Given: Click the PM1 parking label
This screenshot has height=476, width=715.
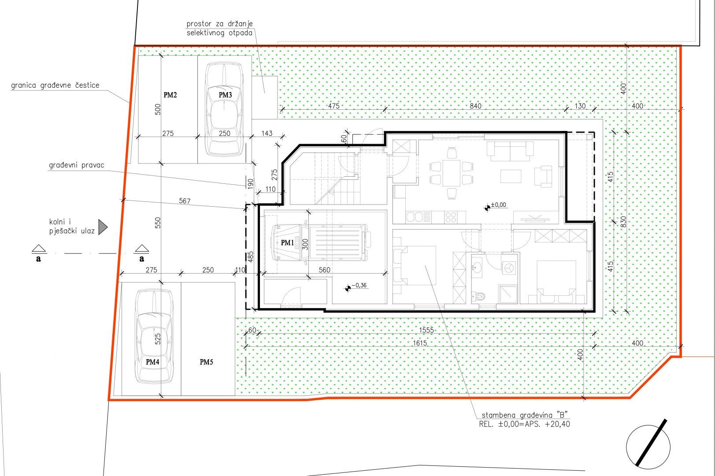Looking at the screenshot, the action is click(287, 243).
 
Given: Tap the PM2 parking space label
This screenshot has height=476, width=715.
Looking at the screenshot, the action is click(170, 95).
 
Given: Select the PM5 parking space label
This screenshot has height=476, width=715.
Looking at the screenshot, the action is click(206, 362).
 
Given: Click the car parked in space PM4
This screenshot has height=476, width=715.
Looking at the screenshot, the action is click(154, 336).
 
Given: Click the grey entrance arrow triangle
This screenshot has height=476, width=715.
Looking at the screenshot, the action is click(103, 227).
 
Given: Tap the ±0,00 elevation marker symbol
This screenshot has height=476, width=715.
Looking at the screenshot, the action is click(487, 208).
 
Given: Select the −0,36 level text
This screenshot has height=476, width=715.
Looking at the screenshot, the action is click(359, 286).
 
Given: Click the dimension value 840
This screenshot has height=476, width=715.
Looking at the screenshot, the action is click(475, 106).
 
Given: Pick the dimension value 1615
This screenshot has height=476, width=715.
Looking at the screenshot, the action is click(420, 343).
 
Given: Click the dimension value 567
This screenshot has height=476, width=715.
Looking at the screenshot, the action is click(185, 201).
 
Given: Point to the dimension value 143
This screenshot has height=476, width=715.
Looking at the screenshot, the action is click(267, 133).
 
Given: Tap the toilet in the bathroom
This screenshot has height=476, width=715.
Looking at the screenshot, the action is click(478, 296).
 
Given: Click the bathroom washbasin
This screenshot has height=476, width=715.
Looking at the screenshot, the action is click(477, 266).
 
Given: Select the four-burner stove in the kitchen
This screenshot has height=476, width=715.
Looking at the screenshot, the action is click(451, 217).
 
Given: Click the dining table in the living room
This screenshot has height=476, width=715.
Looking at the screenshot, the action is click(452, 173).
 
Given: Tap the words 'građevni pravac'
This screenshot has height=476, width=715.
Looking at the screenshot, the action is click(77, 165).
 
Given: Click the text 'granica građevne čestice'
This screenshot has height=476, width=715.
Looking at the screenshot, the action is click(55, 85).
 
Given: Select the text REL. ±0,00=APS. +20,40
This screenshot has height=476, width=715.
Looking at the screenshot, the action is click(524, 424).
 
